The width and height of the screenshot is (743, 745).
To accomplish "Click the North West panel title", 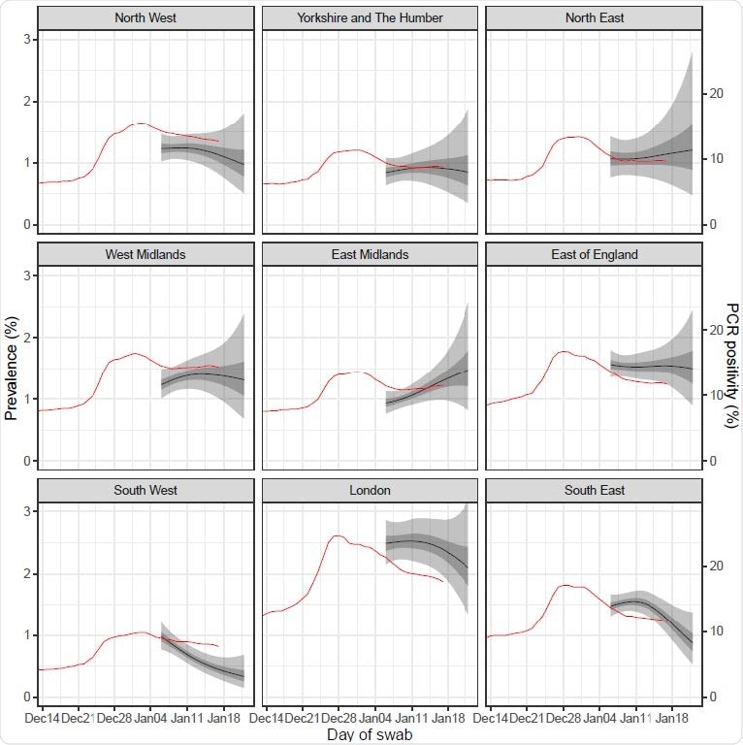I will pyautogui.click(x=145, y=18).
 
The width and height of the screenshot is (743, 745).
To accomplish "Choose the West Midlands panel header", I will pyautogui.click(x=145, y=254).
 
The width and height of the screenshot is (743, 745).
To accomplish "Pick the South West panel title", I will pyautogui.click(x=145, y=490).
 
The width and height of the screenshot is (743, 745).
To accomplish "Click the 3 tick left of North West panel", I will pyautogui.click(x=28, y=39).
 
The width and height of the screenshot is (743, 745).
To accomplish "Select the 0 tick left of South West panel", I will pyautogui.click(x=28, y=697).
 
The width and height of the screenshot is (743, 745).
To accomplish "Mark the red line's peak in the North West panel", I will pyautogui.click(x=140, y=123).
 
